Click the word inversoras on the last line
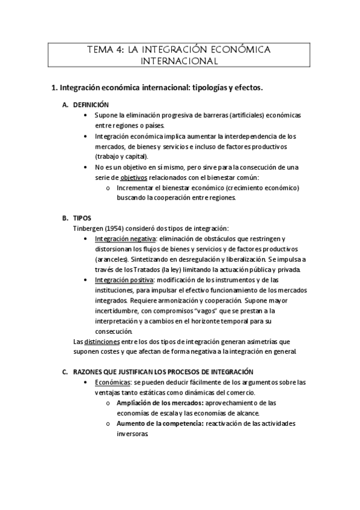132,434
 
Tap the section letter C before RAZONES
66,372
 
